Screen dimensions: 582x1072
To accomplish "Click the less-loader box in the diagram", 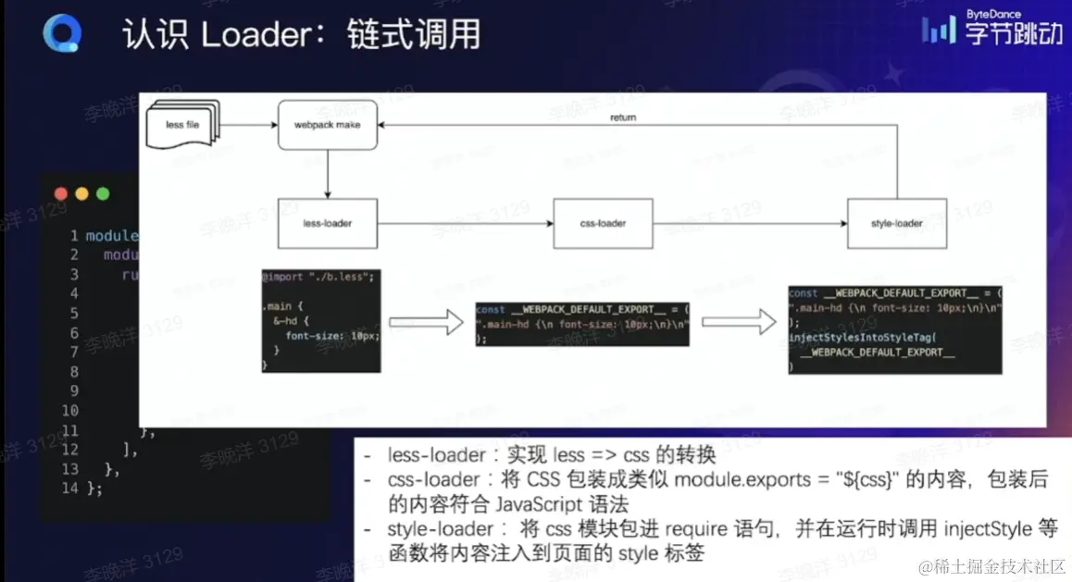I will point(328,223).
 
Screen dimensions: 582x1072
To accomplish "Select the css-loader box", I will point(603,223).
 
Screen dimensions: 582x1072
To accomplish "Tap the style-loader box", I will point(896,223).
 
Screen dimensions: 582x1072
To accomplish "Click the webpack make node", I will point(328,125).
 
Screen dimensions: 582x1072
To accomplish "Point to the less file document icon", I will point(182,124).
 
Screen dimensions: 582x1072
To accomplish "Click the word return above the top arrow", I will point(623,118).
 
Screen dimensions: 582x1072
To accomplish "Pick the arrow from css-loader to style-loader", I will point(750,223).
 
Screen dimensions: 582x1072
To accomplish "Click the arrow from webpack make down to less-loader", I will point(328,173).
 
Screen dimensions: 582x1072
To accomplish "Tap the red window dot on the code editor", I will point(62,193).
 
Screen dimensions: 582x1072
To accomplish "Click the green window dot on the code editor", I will point(103,193).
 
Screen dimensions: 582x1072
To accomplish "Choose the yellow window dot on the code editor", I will point(82,193).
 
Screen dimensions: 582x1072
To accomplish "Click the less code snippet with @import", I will point(320,319).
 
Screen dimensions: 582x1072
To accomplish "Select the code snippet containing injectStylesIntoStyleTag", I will point(895,329).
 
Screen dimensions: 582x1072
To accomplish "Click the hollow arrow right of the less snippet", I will point(426,322).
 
